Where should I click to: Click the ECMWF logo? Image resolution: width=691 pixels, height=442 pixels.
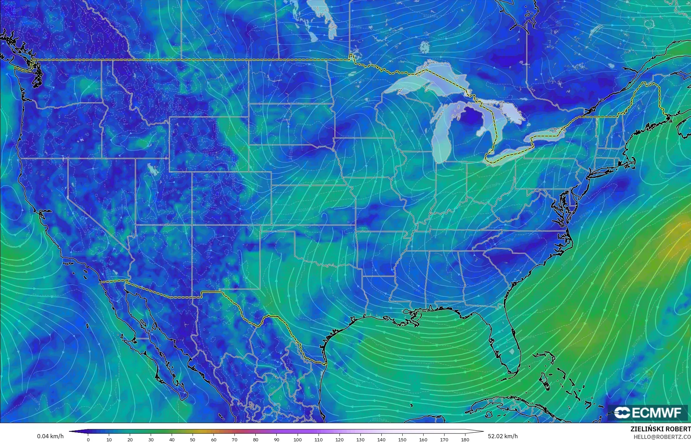point(648,412)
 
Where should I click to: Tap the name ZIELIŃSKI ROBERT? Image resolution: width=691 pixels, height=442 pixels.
point(660,429)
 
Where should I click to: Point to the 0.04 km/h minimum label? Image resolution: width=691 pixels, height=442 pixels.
point(50,437)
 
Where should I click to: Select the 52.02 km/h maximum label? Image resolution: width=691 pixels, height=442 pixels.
point(503,437)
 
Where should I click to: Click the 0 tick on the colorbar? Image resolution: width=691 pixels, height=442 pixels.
point(88,439)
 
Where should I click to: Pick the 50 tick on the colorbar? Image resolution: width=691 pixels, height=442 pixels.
point(193,439)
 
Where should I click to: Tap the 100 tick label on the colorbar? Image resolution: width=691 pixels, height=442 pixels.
point(298,439)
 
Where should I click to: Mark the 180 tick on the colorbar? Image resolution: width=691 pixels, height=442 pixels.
point(465,439)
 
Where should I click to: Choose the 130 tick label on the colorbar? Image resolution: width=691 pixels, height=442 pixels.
point(360,439)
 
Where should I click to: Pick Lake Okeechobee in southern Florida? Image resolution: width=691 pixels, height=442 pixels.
point(512,352)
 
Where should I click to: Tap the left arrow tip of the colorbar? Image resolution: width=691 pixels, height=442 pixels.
point(70,431)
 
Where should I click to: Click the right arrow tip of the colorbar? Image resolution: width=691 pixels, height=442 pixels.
point(483,431)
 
